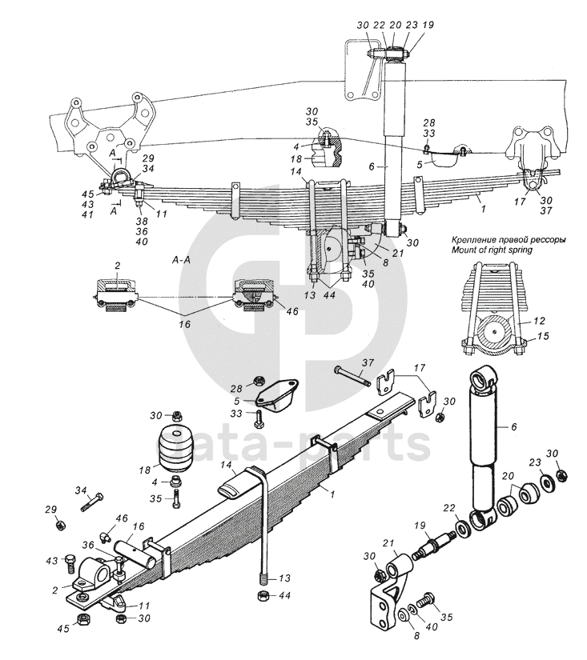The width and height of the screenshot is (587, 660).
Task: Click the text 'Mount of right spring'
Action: (492, 250)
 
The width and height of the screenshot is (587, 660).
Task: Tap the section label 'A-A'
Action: (181, 261)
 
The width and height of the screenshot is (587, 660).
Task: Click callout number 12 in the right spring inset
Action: (539, 321)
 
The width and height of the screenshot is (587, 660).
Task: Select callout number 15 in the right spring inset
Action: (543, 336)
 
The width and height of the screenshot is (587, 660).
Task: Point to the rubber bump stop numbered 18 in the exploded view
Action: (174, 447)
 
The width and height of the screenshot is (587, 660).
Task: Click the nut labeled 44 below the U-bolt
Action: (263, 596)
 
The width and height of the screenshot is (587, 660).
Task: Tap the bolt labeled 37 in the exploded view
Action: (352, 376)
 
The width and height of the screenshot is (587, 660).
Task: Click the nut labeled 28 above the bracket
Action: (259, 382)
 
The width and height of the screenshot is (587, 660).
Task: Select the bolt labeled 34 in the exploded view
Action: (92, 502)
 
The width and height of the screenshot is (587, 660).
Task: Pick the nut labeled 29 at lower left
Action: (61, 525)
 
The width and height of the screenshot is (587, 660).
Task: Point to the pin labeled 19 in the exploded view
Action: (435, 546)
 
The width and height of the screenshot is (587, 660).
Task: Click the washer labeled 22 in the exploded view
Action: (464, 528)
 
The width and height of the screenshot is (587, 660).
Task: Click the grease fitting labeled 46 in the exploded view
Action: (106, 537)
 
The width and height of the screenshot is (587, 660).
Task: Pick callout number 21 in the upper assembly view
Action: (397, 254)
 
